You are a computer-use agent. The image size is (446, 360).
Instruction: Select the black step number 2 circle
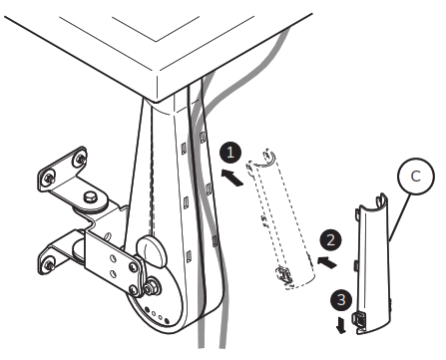pyautogui.click(x=326, y=238)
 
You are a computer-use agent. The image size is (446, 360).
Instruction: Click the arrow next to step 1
pyautogui.click(x=228, y=179)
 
